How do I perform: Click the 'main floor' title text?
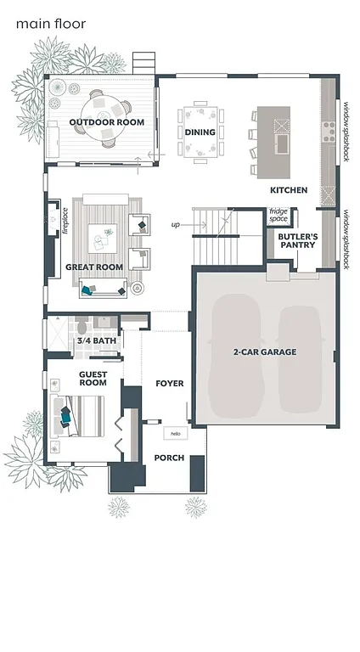tap(51, 25)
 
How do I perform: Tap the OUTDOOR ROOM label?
tap(106, 122)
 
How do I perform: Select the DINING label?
tap(200, 132)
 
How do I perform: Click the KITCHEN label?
tap(289, 190)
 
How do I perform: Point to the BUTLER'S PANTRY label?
tap(298, 240)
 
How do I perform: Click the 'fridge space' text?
tap(278, 216)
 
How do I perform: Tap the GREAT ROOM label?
tap(94, 267)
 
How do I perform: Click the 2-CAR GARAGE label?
tap(265, 351)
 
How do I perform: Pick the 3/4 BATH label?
tap(97, 341)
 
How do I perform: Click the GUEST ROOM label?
tap(93, 378)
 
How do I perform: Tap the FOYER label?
tap(170, 384)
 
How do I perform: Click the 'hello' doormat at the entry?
tap(176, 433)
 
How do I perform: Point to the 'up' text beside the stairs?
tap(176, 225)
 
